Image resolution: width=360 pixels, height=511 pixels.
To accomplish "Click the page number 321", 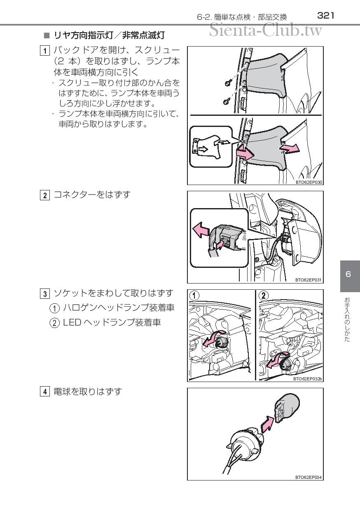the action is point(326,16).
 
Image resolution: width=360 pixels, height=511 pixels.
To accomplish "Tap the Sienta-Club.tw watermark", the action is point(266,30).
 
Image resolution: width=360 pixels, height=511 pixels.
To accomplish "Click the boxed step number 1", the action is point(45,51).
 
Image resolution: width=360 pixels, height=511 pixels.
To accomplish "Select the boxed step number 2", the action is point(45,195).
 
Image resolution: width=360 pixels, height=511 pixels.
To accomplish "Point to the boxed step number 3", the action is point(45,294).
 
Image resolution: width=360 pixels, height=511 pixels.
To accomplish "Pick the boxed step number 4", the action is point(45,391).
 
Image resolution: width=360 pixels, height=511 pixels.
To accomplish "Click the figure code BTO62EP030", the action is point(309,182).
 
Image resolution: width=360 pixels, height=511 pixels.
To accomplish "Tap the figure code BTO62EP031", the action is point(308,280).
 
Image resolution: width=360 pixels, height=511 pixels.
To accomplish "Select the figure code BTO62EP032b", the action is point(307,379).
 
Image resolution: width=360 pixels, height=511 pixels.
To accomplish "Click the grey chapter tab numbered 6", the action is point(350,276).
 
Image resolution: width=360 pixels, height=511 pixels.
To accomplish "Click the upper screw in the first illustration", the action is point(227,83).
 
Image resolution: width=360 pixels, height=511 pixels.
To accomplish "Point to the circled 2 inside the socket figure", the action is point(264,295).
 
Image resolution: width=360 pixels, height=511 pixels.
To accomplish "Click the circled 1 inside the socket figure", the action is point(194,295).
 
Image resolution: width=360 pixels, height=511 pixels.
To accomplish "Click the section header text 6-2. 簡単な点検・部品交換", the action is point(242,17).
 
